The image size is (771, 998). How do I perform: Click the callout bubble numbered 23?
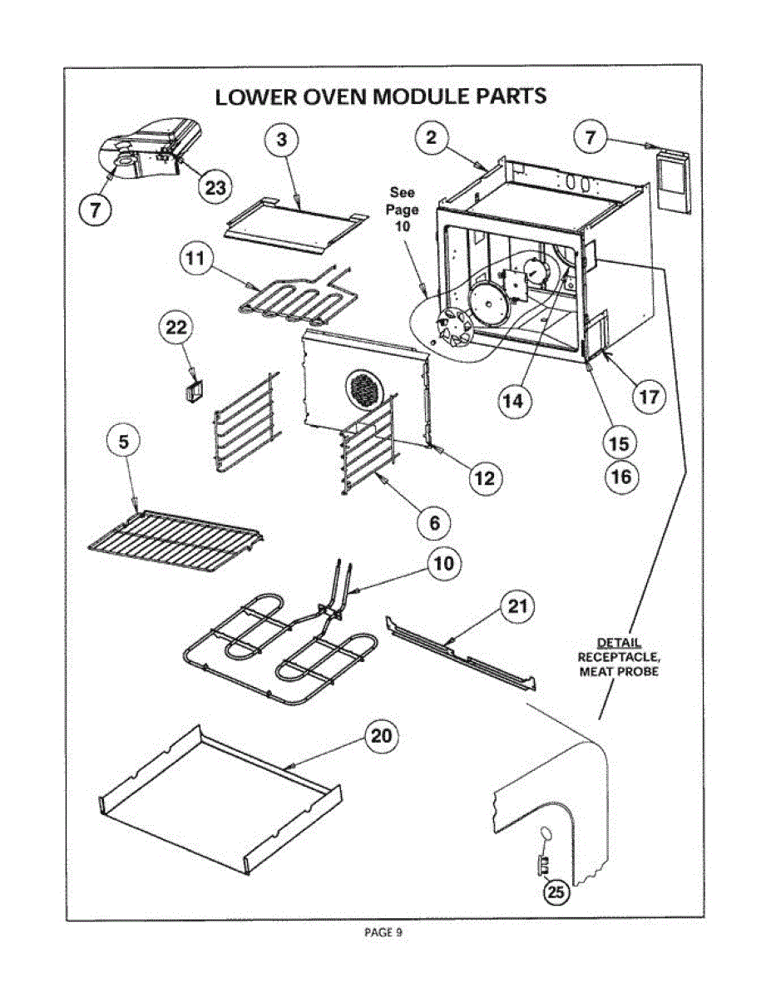click(x=215, y=188)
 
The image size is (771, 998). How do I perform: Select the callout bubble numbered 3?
click(x=282, y=141)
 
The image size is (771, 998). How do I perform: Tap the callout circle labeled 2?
click(x=431, y=138)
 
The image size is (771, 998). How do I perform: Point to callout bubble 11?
click(x=195, y=259)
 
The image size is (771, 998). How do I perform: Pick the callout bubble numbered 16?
click(x=620, y=477)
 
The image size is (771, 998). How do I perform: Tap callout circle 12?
click(x=485, y=477)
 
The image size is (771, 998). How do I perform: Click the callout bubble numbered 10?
click(x=445, y=563)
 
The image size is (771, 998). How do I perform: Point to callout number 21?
click(x=517, y=607)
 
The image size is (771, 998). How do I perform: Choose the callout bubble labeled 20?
click(x=380, y=736)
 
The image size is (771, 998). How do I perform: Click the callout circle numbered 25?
click(x=556, y=893)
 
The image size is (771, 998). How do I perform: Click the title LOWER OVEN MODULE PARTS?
click(x=381, y=96)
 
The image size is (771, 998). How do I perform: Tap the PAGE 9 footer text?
click(x=383, y=933)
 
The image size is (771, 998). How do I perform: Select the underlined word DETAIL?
click(x=619, y=643)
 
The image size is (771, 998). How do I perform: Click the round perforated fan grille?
click(x=364, y=388)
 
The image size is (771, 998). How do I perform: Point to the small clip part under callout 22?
click(x=195, y=388)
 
